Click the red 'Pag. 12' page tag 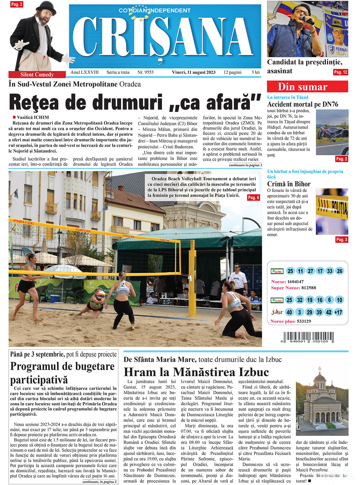[340, 72]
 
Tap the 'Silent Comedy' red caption [37, 75]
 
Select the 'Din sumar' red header [307, 87]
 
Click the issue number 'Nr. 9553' [145, 72]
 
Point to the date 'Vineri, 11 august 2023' [193, 72]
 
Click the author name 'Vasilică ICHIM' [33, 117]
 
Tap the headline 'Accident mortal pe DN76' [302, 104]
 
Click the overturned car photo [332, 132]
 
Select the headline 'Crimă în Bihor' [289, 184]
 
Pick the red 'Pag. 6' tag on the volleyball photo [253, 198]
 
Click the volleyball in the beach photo [101, 295]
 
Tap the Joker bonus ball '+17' [338, 312]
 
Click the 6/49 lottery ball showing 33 [330, 271]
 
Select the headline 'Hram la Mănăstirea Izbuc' [196, 372]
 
